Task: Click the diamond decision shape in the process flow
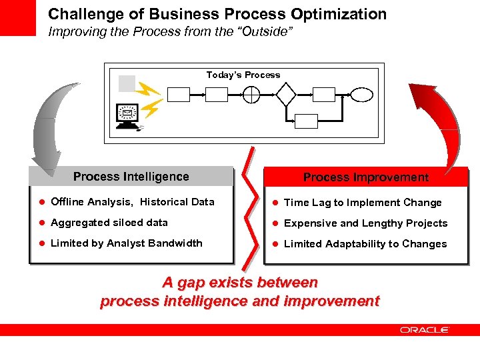point(286,95)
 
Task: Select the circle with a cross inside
point(251,95)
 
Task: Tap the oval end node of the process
point(362,95)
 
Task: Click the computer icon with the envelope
point(127,115)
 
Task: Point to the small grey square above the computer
point(127,83)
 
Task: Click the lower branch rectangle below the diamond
point(306,121)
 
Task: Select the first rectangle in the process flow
point(178,95)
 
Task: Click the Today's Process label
point(243,75)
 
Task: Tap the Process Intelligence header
point(131,177)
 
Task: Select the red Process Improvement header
point(366,177)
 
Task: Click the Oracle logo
point(425,329)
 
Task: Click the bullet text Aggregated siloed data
point(109,223)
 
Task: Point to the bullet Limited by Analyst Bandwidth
point(126,243)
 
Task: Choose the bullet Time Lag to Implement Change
point(363,203)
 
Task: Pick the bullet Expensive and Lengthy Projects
point(365,223)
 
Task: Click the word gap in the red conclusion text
point(190,283)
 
